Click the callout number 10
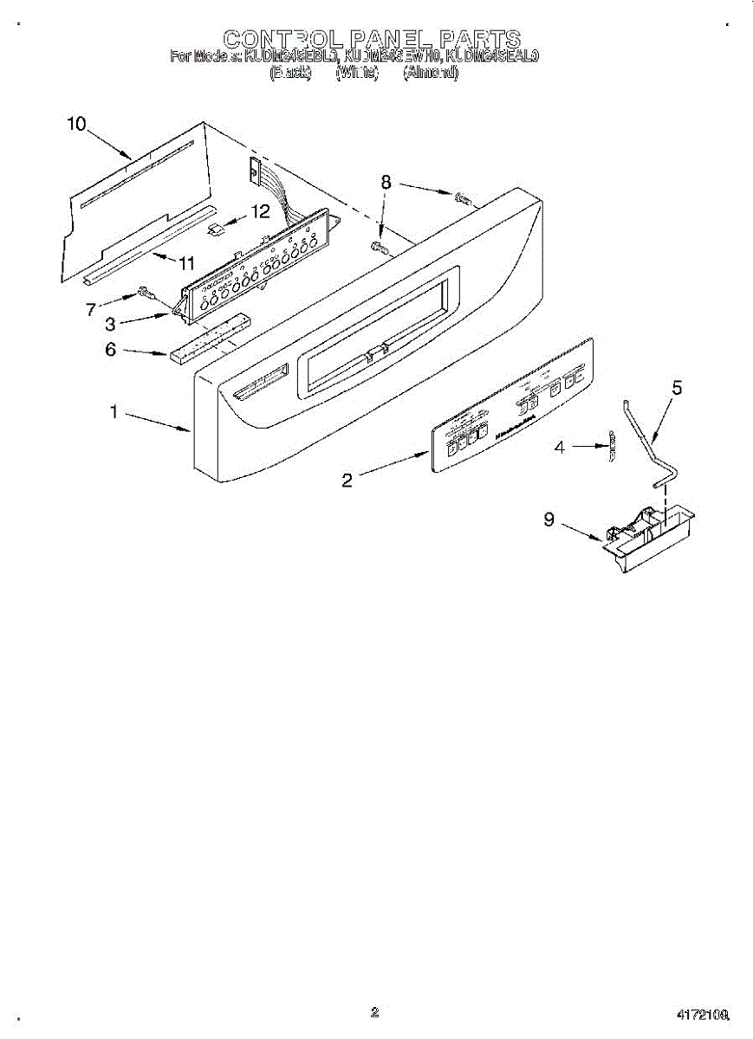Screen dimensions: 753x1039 pos(76,124)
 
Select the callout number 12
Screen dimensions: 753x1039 pos(260,210)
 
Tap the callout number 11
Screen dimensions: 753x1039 pos(187,262)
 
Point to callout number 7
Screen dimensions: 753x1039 pos(90,309)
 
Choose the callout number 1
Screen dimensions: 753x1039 pos(114,412)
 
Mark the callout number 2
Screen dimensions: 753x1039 pos(347,481)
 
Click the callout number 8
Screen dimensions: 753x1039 pos(386,182)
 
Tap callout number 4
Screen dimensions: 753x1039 pos(560,447)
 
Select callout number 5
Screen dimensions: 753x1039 pos(677,389)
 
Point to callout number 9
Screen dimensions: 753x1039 pos(549,519)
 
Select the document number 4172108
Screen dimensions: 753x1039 pos(702,1014)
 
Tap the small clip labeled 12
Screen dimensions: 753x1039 pos(217,229)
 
